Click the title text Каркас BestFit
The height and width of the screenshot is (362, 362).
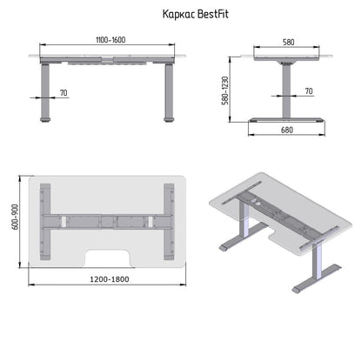click(x=195, y=14)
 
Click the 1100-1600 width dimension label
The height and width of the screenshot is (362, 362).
click(x=111, y=40)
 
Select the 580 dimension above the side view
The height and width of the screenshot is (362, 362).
click(x=288, y=43)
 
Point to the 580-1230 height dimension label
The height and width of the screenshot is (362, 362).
click(x=225, y=90)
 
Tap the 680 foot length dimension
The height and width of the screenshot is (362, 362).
click(x=286, y=130)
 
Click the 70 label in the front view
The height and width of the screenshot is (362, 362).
click(x=64, y=93)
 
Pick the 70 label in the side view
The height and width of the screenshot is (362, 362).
click(x=309, y=91)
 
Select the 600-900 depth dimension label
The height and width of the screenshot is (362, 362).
click(x=15, y=217)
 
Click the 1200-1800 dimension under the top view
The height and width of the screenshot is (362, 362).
click(x=110, y=279)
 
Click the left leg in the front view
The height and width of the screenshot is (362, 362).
click(x=44, y=91)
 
